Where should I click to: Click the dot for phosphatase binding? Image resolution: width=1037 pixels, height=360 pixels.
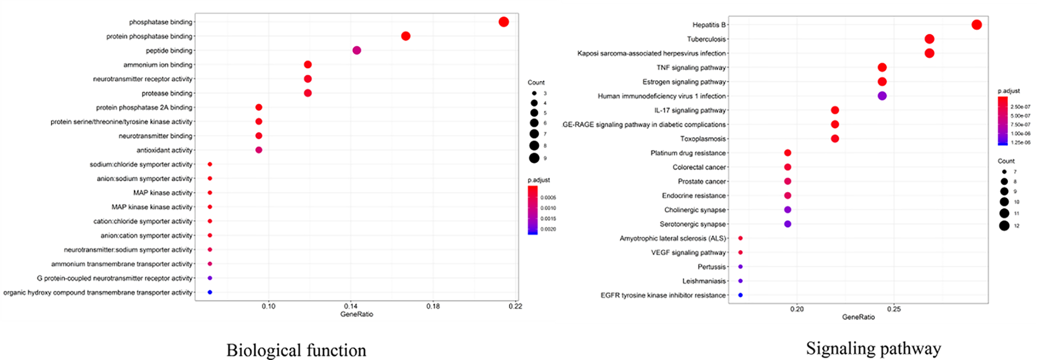click(x=504, y=22)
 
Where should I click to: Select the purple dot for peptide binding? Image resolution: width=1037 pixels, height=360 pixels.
click(x=356, y=50)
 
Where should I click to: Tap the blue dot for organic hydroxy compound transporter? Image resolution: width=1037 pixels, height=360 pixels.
click(x=210, y=292)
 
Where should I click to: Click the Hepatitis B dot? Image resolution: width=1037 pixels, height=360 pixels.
click(x=976, y=25)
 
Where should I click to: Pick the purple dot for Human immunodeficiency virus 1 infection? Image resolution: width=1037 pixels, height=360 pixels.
click(x=882, y=96)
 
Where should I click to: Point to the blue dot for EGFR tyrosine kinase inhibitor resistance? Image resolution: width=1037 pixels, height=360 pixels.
click(x=741, y=295)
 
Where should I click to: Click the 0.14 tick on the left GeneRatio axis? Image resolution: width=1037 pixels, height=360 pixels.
click(x=351, y=306)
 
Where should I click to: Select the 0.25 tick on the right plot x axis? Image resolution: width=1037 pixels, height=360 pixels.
click(x=893, y=309)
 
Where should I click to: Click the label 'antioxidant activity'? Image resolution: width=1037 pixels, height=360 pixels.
click(x=164, y=150)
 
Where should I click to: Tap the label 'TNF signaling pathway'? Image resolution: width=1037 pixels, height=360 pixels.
click(x=691, y=68)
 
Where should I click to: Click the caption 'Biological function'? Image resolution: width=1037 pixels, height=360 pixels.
click(x=296, y=350)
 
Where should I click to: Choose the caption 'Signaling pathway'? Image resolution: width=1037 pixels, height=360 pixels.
click(x=873, y=349)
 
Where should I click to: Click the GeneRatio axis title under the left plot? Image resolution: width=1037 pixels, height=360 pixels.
click(x=356, y=314)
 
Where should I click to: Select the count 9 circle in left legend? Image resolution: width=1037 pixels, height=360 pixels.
click(x=534, y=158)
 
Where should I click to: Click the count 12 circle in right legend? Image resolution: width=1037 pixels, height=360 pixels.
click(x=1004, y=225)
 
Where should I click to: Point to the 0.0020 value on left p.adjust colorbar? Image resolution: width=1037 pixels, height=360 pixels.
click(x=548, y=229)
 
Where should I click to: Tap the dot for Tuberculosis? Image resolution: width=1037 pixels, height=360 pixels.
click(x=929, y=39)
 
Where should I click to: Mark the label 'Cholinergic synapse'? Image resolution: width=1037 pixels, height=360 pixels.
click(x=695, y=210)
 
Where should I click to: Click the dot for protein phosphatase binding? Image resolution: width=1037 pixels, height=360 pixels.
click(x=405, y=36)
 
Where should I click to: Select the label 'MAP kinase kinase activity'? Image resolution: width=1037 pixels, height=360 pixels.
click(x=152, y=207)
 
